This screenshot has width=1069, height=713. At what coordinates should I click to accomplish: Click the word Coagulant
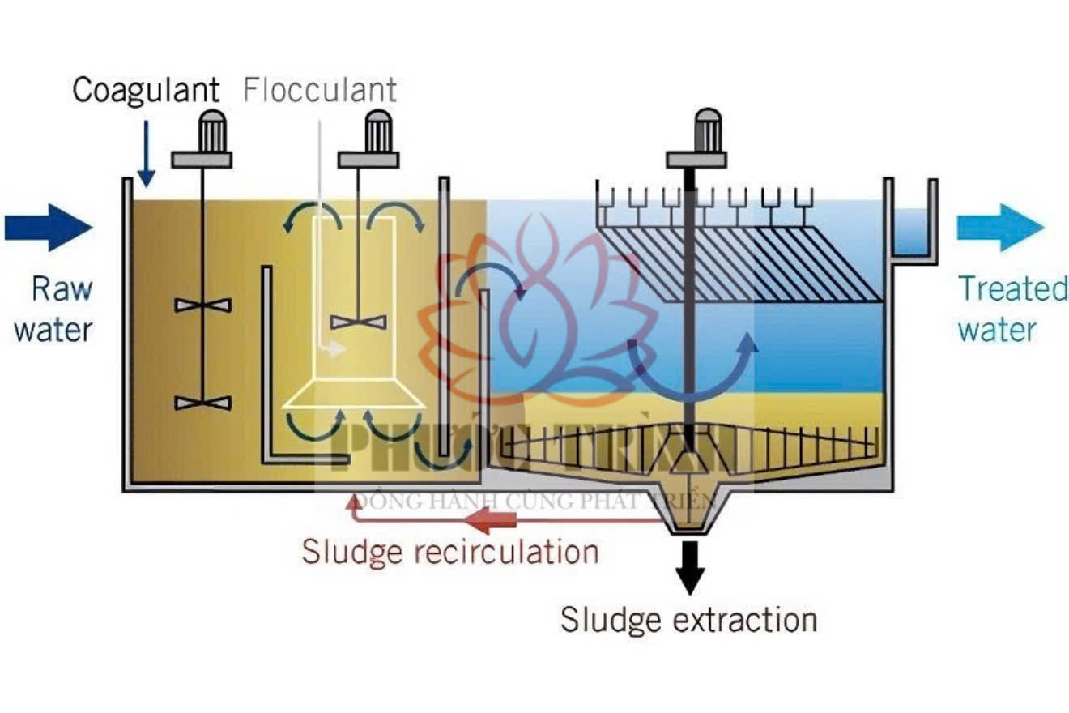click(146, 90)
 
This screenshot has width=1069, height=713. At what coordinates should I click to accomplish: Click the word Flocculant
click(320, 90)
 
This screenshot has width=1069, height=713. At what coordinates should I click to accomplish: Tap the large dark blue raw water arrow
click(49, 228)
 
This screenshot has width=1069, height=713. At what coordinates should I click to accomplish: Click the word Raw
click(62, 289)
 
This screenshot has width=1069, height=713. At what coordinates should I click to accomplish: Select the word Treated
click(1012, 289)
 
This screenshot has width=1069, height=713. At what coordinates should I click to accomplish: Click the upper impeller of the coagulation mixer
click(202, 305)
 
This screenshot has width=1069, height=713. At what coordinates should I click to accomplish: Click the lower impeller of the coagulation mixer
click(202, 403)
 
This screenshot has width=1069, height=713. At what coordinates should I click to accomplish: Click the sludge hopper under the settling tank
click(690, 519)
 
